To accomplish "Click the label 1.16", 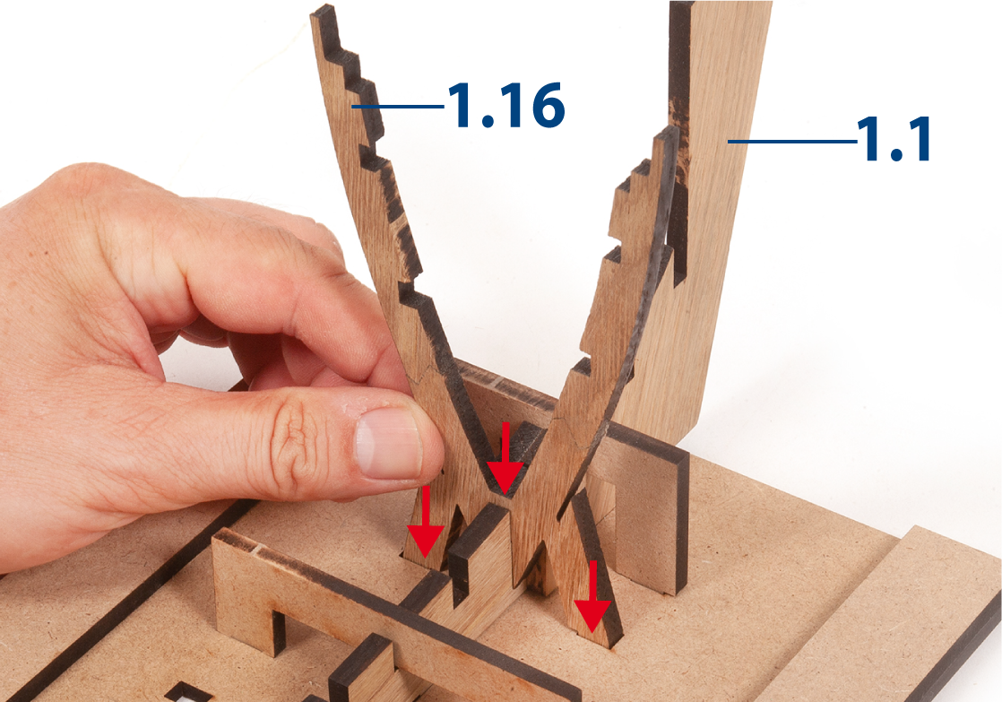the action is [x=506, y=106].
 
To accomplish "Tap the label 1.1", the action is [x=894, y=139].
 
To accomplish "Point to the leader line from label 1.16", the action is [x=397, y=106].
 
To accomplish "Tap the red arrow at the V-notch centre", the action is [x=505, y=458].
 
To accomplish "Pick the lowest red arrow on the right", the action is [x=592, y=596].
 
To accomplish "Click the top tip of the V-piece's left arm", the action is [x=323, y=11].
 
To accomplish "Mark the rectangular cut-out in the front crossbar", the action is [x=278, y=632].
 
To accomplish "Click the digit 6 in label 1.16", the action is [x=549, y=106].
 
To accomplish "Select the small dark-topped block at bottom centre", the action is [x=362, y=672].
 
